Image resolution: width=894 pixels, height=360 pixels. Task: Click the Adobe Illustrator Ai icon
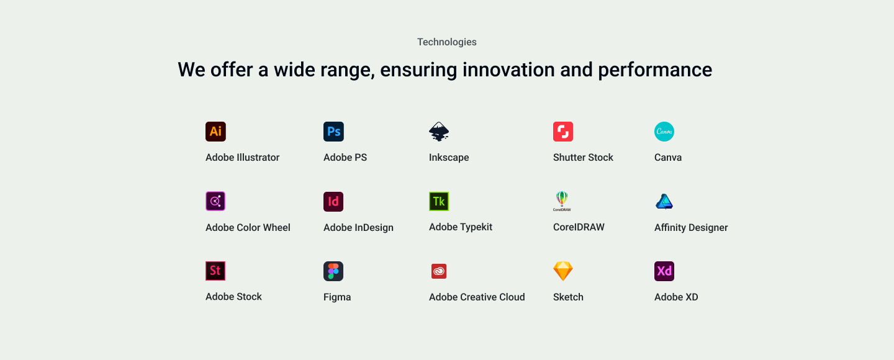point(215,132)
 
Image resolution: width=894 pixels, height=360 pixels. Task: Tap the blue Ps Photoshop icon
point(333,132)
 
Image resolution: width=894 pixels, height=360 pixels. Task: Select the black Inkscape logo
point(439,132)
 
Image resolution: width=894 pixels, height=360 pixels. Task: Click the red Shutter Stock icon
point(563,132)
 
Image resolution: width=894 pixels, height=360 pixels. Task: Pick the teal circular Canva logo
point(664,132)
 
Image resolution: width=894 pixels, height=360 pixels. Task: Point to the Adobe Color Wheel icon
point(215,201)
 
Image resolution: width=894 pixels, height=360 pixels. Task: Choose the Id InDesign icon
point(333,202)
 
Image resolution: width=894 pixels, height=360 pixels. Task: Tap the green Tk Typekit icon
point(439,201)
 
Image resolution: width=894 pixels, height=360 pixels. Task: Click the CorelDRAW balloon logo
point(562,201)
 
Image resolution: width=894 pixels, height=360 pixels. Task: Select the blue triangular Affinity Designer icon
point(664,202)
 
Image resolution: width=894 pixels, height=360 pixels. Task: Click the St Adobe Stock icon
point(215,271)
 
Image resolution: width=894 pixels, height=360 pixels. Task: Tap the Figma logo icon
point(333,271)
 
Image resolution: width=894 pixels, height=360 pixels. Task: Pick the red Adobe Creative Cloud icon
point(439,271)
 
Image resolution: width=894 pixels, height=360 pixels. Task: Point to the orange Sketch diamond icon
point(563,271)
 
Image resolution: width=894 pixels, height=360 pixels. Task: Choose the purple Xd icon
point(664,271)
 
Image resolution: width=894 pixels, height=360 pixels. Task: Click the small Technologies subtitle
point(447,42)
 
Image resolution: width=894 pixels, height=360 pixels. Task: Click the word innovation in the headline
point(508,70)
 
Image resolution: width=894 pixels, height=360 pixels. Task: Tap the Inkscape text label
point(449,157)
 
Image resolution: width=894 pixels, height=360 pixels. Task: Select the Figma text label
point(337,297)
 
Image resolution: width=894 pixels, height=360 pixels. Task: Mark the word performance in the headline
point(655,70)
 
